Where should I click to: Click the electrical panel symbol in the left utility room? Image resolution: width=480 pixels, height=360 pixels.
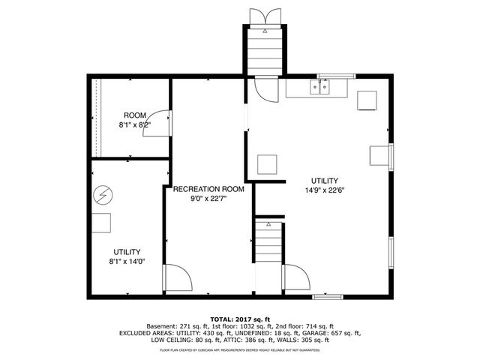(101, 197)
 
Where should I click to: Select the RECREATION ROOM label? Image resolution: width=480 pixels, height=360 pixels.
(208, 189)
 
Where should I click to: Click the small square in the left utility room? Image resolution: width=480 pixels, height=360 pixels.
(102, 223)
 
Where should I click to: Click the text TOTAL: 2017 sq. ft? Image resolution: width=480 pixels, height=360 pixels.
(239, 318)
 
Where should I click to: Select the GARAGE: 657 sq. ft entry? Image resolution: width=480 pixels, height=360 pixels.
(335, 332)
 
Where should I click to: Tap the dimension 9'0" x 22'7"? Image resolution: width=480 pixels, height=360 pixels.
(208, 199)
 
